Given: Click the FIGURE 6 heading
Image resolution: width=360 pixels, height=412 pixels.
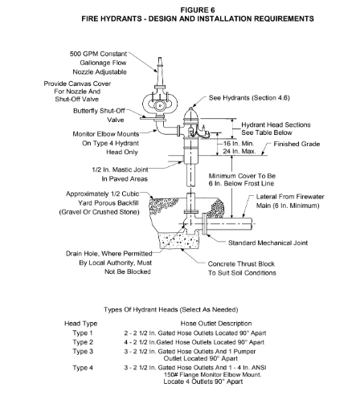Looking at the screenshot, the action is coord(198,10).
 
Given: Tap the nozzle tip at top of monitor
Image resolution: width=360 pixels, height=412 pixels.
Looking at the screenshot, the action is coord(160,59).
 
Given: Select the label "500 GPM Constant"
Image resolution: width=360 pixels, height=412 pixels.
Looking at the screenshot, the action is coord(98,54).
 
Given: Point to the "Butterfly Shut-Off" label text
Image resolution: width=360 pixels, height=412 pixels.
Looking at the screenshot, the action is coord(99,111).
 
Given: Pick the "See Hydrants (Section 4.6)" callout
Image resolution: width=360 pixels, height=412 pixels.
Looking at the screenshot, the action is coord(249,98).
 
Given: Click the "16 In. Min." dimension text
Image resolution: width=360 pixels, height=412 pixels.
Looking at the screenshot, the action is coord(239,144).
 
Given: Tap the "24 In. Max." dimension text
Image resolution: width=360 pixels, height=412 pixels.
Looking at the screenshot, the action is coord(239,151).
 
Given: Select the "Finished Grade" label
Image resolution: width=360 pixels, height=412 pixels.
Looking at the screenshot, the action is coord(297,144).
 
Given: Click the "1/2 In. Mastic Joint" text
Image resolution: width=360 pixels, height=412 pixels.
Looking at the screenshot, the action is coord(120,169).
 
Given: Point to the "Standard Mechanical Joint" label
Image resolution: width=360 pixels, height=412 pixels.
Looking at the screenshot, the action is coord(268,243).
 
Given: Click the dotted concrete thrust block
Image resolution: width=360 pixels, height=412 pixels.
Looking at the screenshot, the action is coord(179,240).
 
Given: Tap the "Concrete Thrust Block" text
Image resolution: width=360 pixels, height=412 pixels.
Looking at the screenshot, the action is coord(241,264).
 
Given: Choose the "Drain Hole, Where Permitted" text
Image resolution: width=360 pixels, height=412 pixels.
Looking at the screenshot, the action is coord(109,254).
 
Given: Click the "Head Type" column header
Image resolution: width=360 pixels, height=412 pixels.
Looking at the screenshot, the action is coord(80,324).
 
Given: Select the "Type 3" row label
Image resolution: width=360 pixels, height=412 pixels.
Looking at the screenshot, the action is coord(83,351).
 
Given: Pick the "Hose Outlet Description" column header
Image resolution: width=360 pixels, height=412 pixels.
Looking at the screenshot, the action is coord(216,324).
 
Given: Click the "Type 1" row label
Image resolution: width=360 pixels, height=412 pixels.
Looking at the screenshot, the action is coord(83,333).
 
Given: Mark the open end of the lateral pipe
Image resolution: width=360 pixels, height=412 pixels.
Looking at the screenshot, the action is coord(252,223).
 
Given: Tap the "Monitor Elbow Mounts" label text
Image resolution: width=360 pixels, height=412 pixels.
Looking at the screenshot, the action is coord(106,134).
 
